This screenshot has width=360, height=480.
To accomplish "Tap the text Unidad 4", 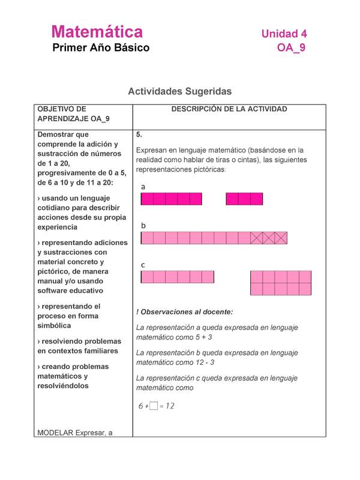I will click(284, 34).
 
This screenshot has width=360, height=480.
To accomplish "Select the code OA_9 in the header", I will click(292, 49).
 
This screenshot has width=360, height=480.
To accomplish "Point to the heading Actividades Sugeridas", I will click(179, 91).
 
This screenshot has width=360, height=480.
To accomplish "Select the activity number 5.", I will click(139, 135).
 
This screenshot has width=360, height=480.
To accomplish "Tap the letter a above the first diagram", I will click(143, 187).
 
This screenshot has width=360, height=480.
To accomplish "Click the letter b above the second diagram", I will click(143, 226).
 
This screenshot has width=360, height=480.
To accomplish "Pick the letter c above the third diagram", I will click(143, 265).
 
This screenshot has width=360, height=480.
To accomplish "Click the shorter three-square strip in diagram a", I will click(244, 199).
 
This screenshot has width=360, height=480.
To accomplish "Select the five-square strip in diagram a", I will click(171, 199).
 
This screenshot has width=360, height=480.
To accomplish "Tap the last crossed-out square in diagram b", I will click(281, 238).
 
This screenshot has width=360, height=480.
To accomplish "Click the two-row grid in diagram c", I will click(281, 283).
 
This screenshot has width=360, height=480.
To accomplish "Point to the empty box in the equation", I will click(154, 406).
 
